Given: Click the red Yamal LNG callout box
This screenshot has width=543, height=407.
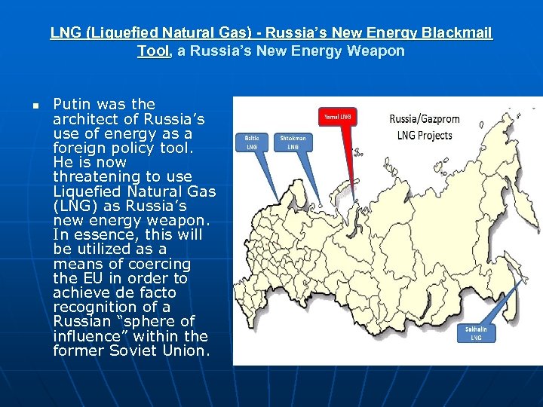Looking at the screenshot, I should pyautogui.click(x=336, y=117).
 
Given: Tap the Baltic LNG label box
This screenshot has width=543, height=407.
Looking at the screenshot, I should pyautogui.click(x=251, y=142).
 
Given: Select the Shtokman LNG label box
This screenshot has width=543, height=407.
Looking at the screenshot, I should pyautogui.click(x=293, y=142).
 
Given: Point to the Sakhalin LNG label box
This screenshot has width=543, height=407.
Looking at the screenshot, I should pyautogui.click(x=476, y=333).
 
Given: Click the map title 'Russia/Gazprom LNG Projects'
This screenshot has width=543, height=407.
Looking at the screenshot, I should pyautogui.click(x=424, y=127).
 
